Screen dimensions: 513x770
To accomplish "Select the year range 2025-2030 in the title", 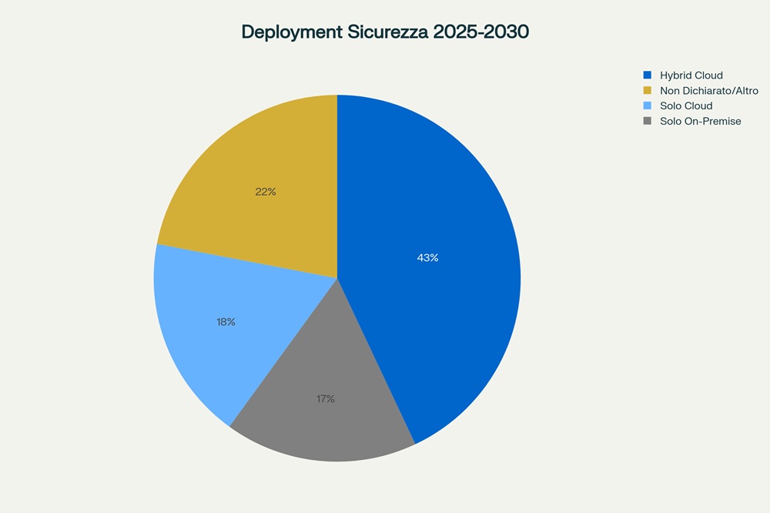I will [x=480, y=32].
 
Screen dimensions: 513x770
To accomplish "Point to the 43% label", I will [x=427, y=258].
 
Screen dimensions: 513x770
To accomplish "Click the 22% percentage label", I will [x=266, y=192].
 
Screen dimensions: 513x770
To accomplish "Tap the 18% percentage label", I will [x=226, y=322].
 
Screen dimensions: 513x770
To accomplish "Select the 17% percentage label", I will [x=325, y=399].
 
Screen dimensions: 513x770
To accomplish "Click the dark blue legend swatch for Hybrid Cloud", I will [x=648, y=75].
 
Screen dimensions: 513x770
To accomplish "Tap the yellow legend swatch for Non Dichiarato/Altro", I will [x=648, y=91].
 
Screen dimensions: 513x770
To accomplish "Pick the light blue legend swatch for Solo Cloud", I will [x=648, y=106].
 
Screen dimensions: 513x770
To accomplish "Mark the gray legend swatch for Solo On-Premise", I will [x=648, y=121].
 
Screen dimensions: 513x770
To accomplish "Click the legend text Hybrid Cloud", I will [x=691, y=75].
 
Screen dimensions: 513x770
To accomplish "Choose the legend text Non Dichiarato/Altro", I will [x=709, y=91].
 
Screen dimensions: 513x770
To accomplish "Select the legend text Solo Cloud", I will [x=686, y=106].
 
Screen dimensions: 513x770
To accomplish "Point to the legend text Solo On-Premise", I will [x=701, y=121].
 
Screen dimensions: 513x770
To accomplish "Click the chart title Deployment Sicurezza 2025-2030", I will [x=385, y=32].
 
